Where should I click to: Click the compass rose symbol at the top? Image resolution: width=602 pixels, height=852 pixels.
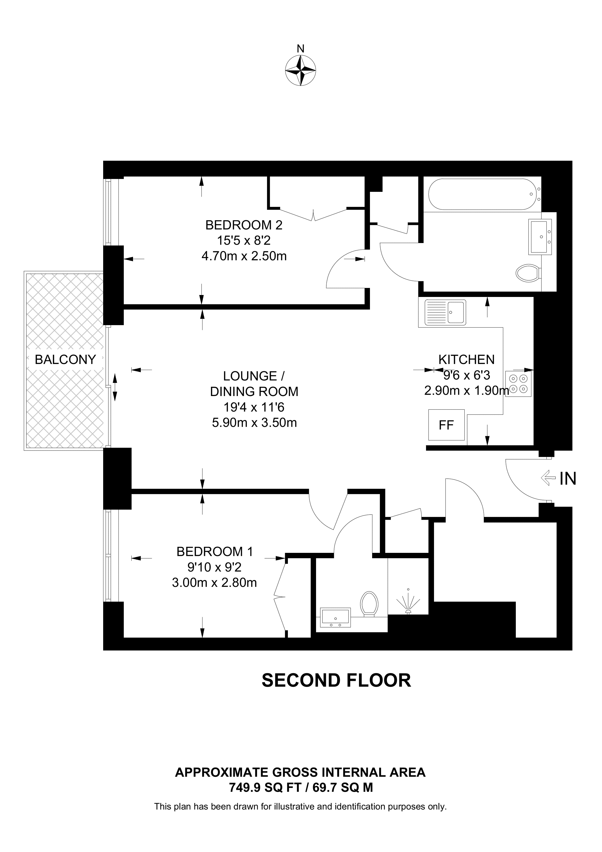(x=300, y=71)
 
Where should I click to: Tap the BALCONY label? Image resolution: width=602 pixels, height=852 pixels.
(x=65, y=360)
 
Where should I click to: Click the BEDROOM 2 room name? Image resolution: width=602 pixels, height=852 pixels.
(x=244, y=225)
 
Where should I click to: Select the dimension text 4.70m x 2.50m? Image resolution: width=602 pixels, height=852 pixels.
(x=244, y=256)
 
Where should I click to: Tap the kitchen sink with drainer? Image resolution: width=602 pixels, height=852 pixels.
(x=445, y=313)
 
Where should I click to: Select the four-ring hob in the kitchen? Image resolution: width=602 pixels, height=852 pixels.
(x=519, y=384)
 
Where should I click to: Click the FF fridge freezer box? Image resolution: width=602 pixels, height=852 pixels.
(x=446, y=425)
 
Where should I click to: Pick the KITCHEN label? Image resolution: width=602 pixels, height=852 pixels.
(x=466, y=360)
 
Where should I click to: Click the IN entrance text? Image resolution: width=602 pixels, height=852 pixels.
(x=568, y=479)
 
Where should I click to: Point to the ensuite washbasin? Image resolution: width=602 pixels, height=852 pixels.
(x=335, y=617)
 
